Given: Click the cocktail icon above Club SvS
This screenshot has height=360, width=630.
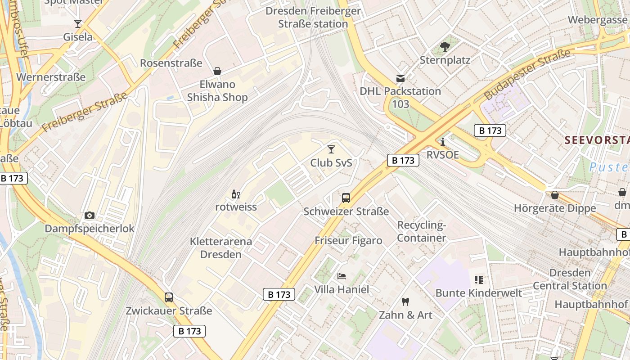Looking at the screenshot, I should [x=331, y=149].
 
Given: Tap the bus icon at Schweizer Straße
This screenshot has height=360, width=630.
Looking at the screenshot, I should [x=346, y=198].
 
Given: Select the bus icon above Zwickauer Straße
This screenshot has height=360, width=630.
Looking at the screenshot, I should [x=169, y=297].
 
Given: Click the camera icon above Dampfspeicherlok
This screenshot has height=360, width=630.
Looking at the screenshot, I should [x=90, y=215].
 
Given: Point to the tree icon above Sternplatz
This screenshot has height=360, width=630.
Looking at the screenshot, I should [x=445, y=46].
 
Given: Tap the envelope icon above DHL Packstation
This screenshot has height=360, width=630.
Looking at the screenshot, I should [x=400, y=78].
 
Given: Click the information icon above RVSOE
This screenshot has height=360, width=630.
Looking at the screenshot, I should [x=443, y=142].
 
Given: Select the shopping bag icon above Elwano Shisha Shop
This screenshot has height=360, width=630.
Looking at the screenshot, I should [x=217, y=71].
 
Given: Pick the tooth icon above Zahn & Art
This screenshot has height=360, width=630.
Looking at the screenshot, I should [x=405, y=302].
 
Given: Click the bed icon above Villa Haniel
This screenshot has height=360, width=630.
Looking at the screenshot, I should [x=342, y=276].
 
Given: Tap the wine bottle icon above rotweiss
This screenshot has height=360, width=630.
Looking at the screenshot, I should [x=235, y=194].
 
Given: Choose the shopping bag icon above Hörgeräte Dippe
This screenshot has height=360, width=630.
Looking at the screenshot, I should [x=554, y=195].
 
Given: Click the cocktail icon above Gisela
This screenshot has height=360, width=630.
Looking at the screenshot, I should [x=78, y=24].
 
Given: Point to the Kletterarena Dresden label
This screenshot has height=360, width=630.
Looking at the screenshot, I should [x=221, y=248].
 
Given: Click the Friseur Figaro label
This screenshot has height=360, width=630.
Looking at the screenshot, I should [x=348, y=240].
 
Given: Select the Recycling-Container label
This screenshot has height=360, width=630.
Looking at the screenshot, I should [x=422, y=231].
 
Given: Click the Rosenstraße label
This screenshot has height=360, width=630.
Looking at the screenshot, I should [x=171, y=63].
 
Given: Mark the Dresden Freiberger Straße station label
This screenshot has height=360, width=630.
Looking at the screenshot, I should [x=313, y=17].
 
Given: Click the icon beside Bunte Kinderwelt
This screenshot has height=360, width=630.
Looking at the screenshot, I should [x=478, y=280].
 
